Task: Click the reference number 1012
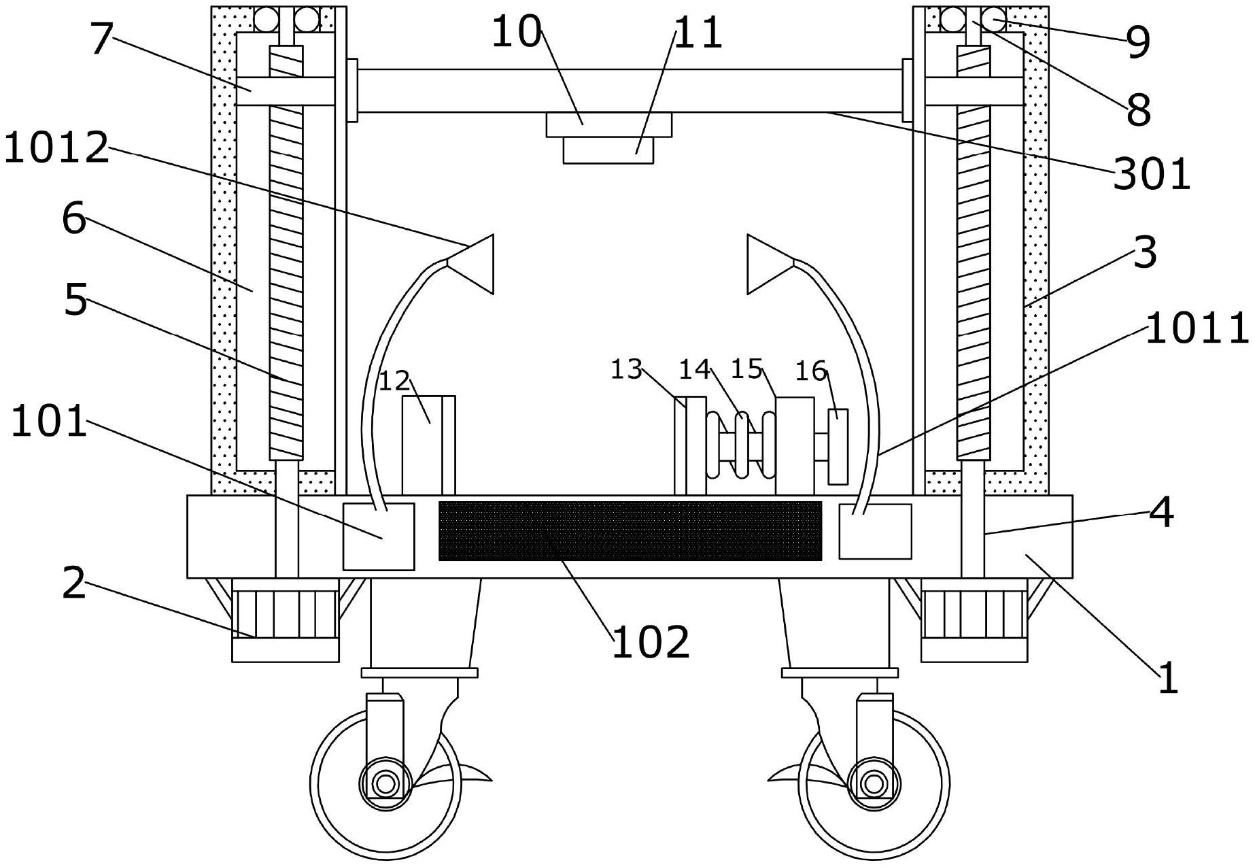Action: (x=56, y=148)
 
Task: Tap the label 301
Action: (x=1152, y=173)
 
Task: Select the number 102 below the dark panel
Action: (x=651, y=642)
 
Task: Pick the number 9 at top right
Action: (x=1138, y=42)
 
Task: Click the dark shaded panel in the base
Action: (x=630, y=530)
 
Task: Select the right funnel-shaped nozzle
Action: (x=771, y=264)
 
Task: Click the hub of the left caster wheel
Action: (x=385, y=783)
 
